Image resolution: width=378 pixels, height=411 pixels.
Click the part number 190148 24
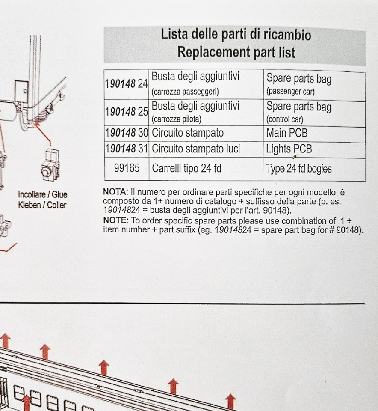point(126,84)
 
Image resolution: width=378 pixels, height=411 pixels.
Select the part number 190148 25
point(127,112)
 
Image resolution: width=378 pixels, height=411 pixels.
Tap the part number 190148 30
point(127,133)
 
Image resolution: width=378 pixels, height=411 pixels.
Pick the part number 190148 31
point(127,149)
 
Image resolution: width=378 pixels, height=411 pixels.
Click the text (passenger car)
point(291,92)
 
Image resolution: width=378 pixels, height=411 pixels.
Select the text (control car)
point(285,119)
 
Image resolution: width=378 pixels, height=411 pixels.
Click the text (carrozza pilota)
point(177,119)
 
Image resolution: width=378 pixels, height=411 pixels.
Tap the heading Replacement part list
point(236,52)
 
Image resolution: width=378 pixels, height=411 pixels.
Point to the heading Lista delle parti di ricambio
point(236,35)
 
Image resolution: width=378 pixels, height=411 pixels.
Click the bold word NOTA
point(115,192)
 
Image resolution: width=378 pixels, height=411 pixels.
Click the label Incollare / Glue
point(42,194)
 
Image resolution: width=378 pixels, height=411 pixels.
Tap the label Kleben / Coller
point(42,205)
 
